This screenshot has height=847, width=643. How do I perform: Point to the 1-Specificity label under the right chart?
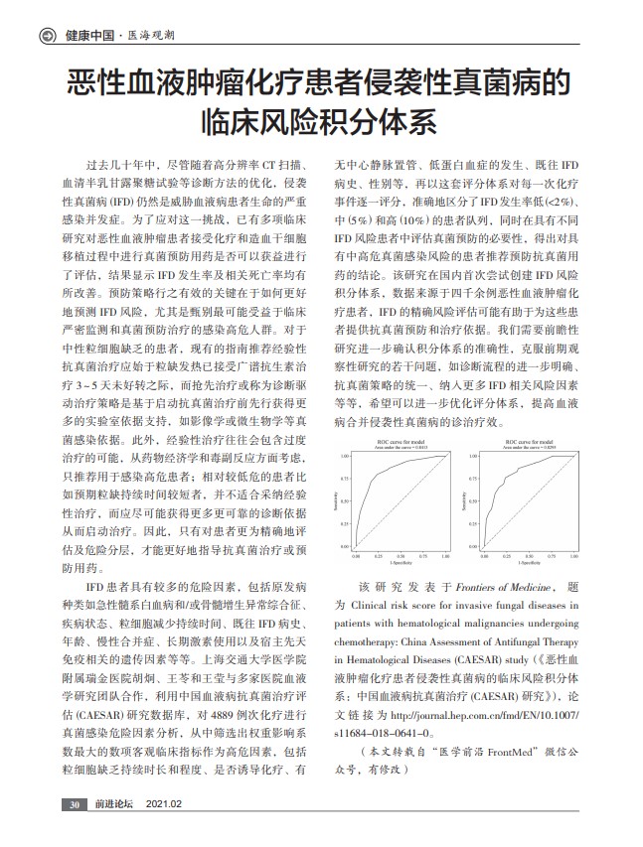[x=534, y=567]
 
